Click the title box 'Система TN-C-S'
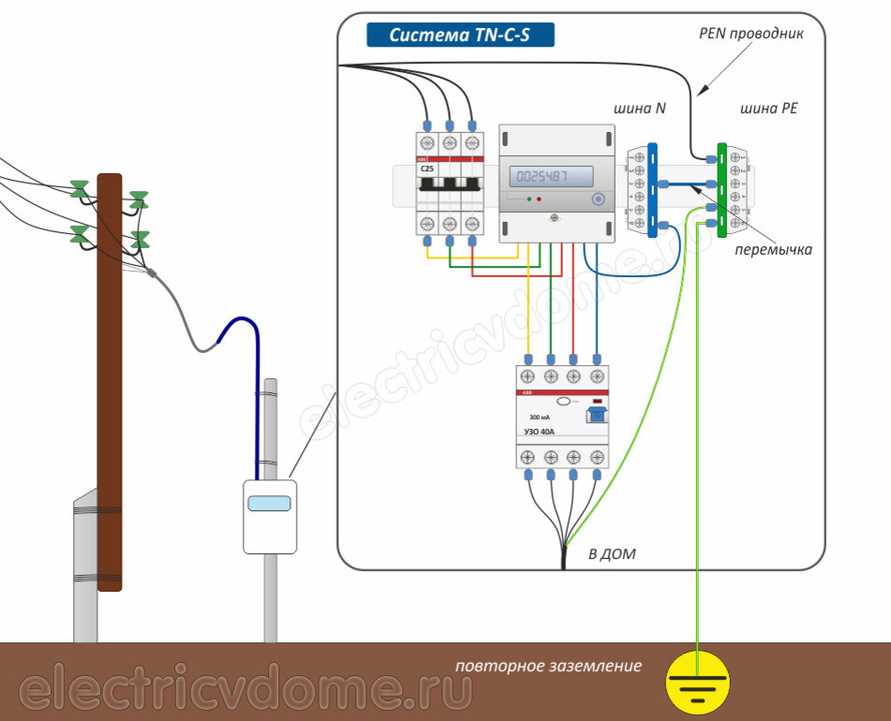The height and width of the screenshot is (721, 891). pyautogui.click(x=459, y=36)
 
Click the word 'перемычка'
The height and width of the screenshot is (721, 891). pyautogui.click(x=773, y=250)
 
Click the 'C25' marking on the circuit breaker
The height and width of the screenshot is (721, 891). pyautogui.click(x=427, y=169)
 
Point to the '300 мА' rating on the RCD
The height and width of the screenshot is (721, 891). pyautogui.click(x=541, y=417)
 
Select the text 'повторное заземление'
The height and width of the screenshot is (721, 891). pyautogui.click(x=549, y=667)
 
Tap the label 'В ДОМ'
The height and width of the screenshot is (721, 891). pyautogui.click(x=612, y=554)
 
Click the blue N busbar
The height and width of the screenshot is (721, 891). pyautogui.click(x=652, y=189)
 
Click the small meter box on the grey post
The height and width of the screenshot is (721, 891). pyautogui.click(x=270, y=516)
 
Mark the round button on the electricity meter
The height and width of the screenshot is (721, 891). pyautogui.click(x=597, y=199)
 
